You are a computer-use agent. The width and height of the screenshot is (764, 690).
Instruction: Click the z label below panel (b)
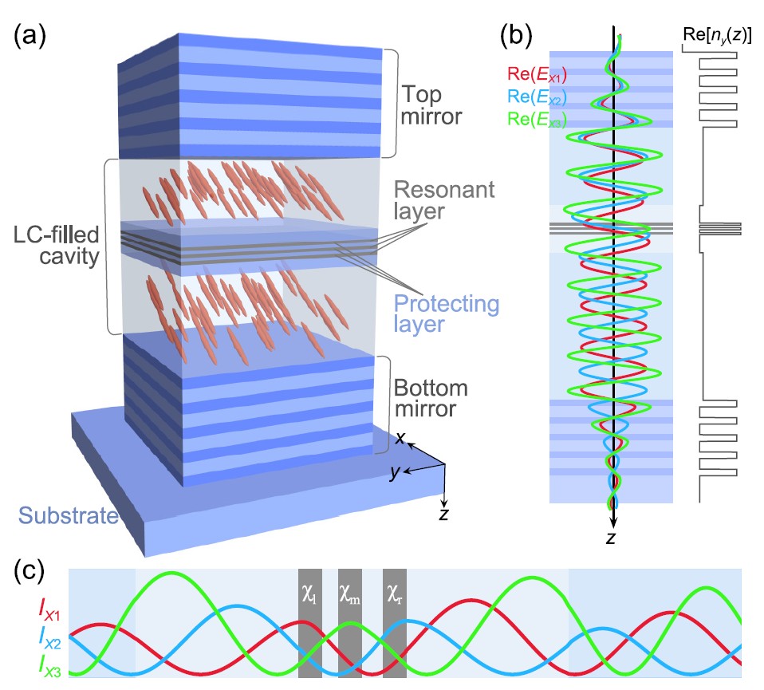point(610,539)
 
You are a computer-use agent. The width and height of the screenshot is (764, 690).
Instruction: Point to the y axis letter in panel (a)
point(392,474)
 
